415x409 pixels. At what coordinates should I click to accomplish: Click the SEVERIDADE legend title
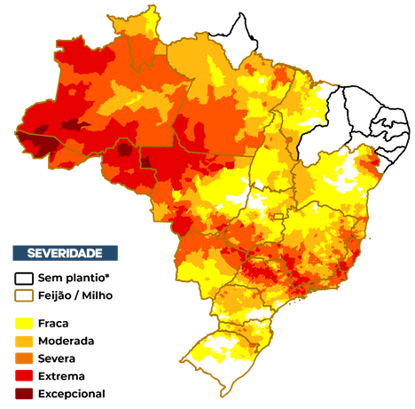coord(65,253)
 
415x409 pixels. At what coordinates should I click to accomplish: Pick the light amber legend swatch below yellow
coord(24,341)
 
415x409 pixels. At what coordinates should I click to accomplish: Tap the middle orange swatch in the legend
coord(24,358)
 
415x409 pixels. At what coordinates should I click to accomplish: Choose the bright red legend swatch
coord(24,375)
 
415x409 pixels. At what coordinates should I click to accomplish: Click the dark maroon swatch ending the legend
coord(24,392)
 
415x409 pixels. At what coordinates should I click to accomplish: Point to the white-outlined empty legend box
coord(24,278)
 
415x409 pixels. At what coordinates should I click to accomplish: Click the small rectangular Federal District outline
coord(277,216)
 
